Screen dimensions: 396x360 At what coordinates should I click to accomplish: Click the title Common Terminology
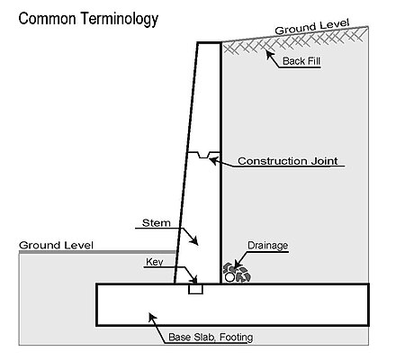pyautogui.click(x=88, y=19)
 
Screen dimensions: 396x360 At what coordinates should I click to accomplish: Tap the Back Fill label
pyautogui.click(x=301, y=61)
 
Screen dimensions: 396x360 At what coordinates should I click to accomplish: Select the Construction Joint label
pyautogui.click(x=288, y=161)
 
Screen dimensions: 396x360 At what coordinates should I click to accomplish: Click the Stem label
pyautogui.click(x=157, y=223)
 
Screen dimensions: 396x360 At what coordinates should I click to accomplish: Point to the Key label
pyautogui.click(x=155, y=262)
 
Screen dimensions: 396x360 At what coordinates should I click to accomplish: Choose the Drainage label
pyautogui.click(x=268, y=246)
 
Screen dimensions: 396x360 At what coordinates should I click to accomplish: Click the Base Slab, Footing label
pyautogui.click(x=211, y=337)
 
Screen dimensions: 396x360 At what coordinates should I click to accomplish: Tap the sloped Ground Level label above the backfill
pyautogui.click(x=312, y=27)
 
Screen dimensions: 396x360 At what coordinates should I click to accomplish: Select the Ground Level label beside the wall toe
pyautogui.click(x=56, y=246)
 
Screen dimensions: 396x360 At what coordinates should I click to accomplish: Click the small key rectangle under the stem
pyautogui.click(x=195, y=289)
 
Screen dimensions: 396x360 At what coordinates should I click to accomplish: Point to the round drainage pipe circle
pyautogui.click(x=229, y=277)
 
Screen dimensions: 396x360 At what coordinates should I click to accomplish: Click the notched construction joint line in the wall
pyautogui.click(x=203, y=154)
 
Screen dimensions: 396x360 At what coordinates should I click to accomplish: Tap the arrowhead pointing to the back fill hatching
pyautogui.click(x=270, y=55)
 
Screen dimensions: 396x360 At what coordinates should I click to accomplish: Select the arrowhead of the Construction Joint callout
pyautogui.click(x=213, y=161)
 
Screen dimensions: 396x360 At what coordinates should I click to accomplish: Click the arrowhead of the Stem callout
pyautogui.click(x=194, y=241)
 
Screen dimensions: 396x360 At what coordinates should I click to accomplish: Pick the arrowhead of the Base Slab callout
pyautogui.click(x=152, y=318)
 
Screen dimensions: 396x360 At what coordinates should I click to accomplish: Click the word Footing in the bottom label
pyautogui.click(x=236, y=337)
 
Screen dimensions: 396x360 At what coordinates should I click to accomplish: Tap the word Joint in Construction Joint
pyautogui.click(x=324, y=161)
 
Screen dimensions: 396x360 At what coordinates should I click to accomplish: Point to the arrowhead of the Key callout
pyautogui.click(x=194, y=280)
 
